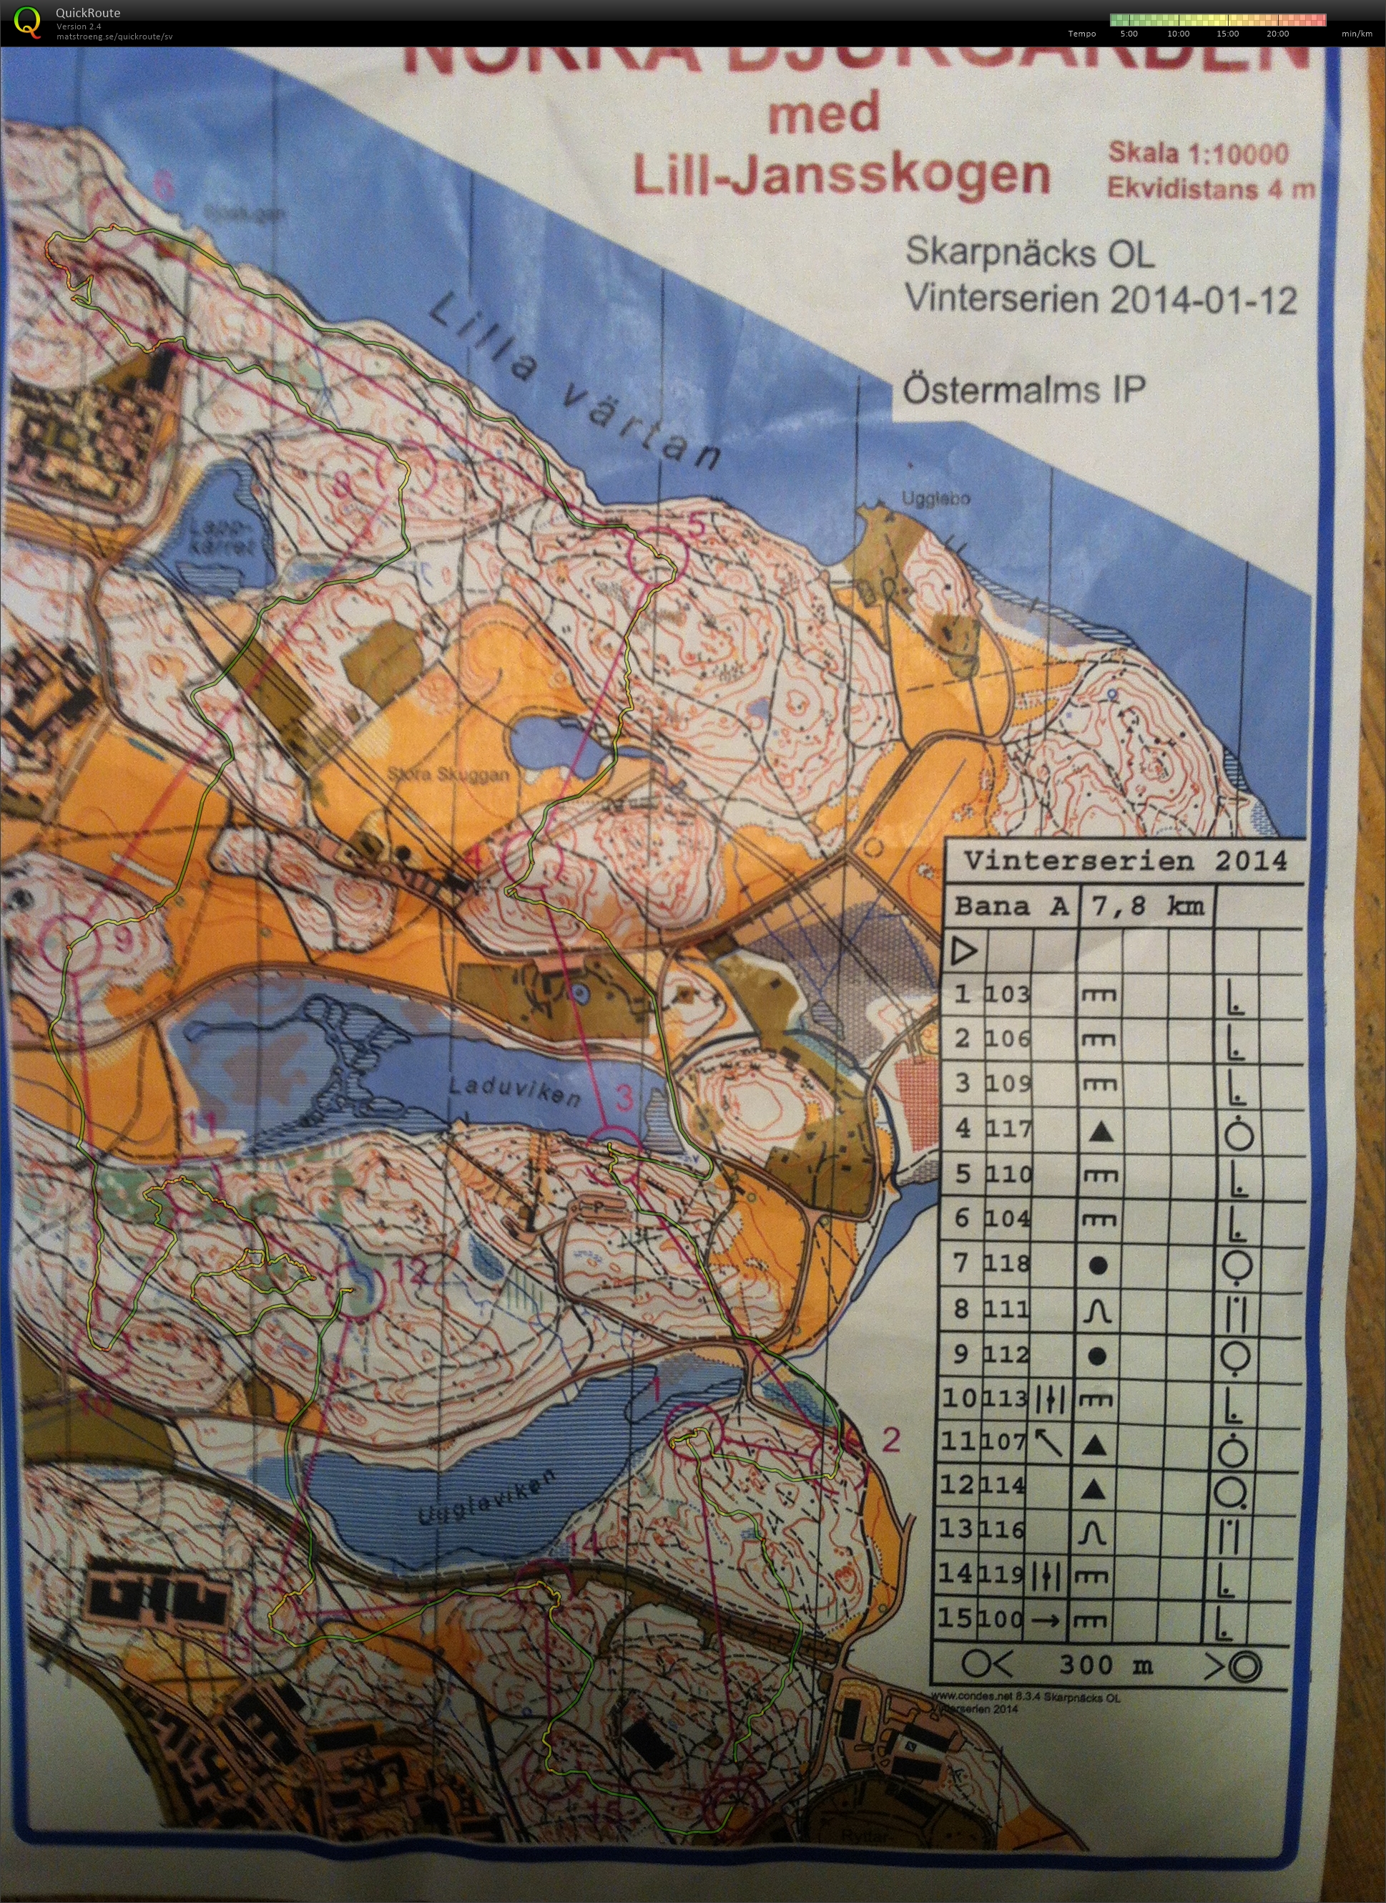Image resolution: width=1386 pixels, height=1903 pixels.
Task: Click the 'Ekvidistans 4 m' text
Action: (x=1210, y=188)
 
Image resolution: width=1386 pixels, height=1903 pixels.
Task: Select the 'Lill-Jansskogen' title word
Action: (x=840, y=175)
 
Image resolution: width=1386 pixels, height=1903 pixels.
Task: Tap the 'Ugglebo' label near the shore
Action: (x=935, y=499)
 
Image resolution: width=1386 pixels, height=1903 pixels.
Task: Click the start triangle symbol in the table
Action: (x=965, y=951)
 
